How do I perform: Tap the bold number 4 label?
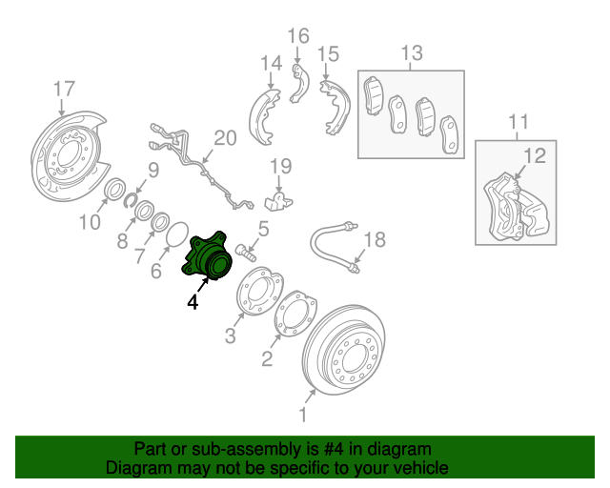[193, 302]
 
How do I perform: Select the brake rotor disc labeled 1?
[344, 350]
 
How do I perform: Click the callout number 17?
[64, 89]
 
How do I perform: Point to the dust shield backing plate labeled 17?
[69, 156]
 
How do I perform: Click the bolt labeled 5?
[246, 253]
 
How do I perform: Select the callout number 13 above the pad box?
[412, 52]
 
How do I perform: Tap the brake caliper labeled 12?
[516, 206]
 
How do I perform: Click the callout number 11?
[518, 122]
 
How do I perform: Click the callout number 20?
[225, 138]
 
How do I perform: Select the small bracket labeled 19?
[277, 201]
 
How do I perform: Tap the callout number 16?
[298, 36]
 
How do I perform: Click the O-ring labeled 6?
[177, 234]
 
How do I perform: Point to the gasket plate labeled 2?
[295, 313]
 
